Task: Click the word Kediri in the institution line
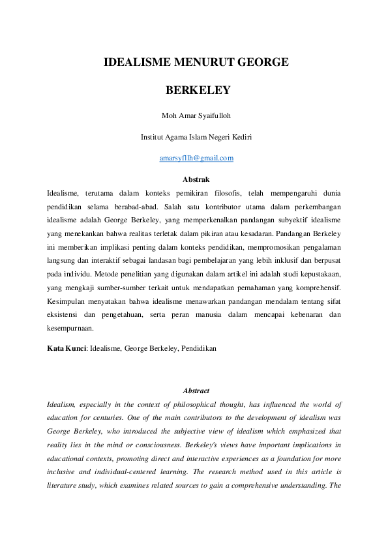coord(241,137)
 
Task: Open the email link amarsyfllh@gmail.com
coord(196,158)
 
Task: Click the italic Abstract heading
coord(196,391)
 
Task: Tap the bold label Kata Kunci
coord(67,348)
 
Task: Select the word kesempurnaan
coord(71,328)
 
